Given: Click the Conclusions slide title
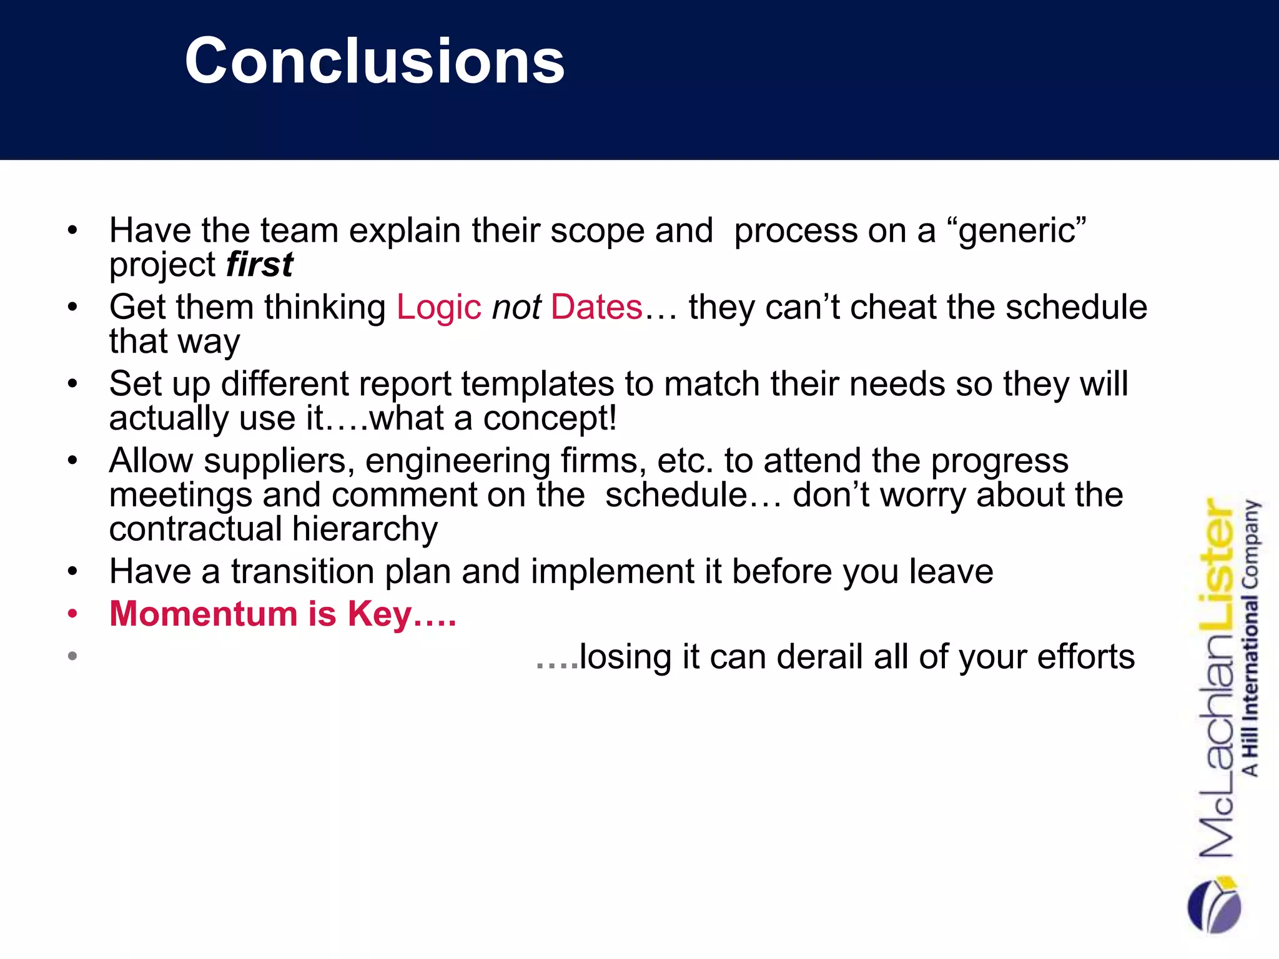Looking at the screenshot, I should [x=375, y=61].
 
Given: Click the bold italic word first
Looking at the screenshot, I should [x=259, y=265].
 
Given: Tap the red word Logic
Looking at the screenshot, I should [x=438, y=307].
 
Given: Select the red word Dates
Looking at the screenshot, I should [x=596, y=307].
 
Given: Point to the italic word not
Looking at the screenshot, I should [x=516, y=307].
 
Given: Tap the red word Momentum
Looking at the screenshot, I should [x=204, y=614].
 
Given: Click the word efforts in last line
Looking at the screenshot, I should [x=1085, y=657].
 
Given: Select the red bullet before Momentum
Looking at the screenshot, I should [x=73, y=614].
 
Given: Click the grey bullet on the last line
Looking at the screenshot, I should [x=73, y=656].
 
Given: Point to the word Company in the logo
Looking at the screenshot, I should [x=1251, y=543].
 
